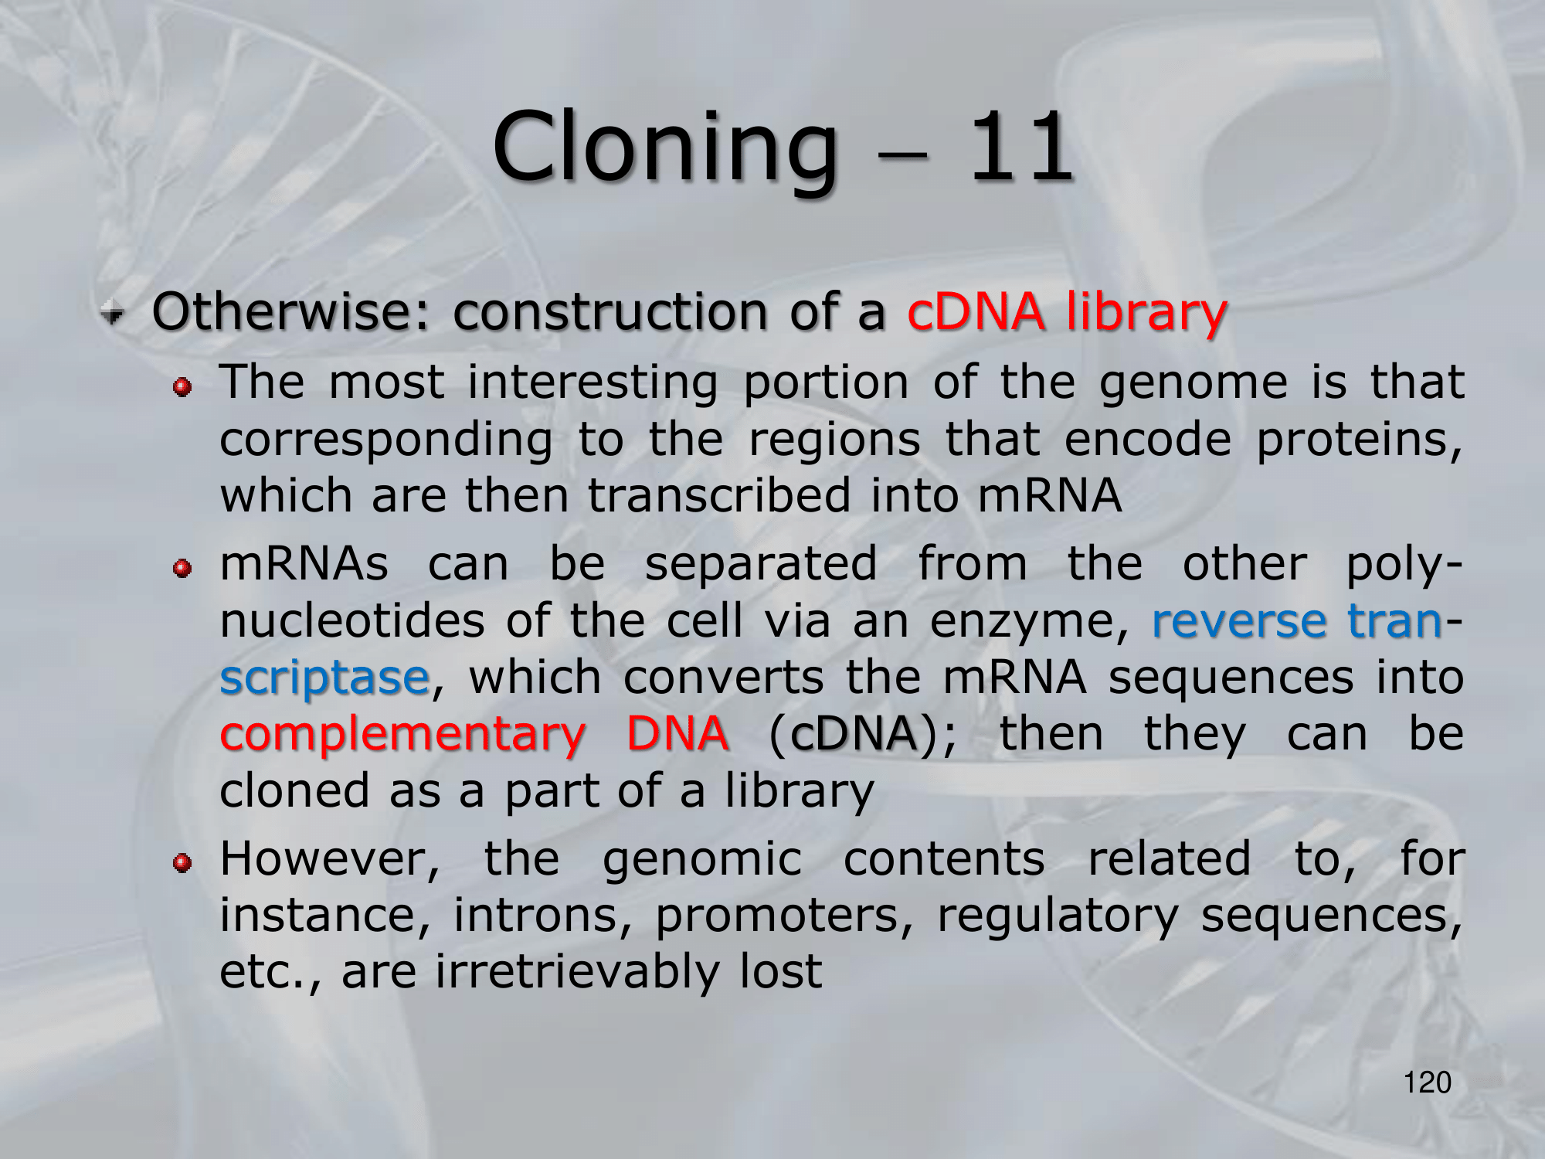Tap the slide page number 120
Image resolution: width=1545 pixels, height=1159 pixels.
(x=1427, y=1083)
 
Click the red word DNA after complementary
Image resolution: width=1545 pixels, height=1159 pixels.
(x=677, y=732)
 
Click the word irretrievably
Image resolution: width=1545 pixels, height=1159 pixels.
(x=576, y=972)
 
